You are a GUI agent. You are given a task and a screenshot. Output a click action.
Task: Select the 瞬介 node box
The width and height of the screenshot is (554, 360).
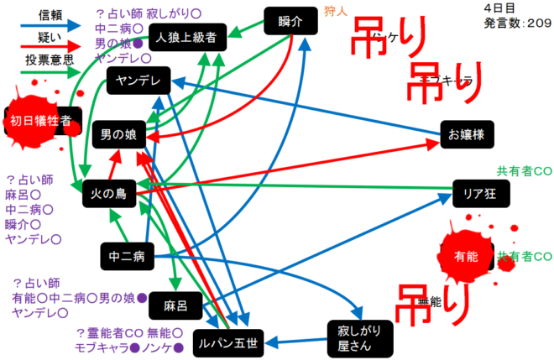coord(290,22)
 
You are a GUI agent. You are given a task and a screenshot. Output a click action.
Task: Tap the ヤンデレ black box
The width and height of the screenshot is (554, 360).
coord(138,81)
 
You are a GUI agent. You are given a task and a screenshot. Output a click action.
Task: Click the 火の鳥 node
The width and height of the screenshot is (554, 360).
coord(108,194)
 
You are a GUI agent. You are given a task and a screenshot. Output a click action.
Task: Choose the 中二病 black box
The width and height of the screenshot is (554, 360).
coord(126,254)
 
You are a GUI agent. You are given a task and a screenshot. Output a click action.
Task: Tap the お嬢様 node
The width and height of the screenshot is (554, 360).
coord(467,133)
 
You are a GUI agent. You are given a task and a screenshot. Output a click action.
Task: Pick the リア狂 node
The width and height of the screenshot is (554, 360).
coord(480,192)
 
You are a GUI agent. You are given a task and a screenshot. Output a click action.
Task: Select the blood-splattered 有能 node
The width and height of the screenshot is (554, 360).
coord(471,257)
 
